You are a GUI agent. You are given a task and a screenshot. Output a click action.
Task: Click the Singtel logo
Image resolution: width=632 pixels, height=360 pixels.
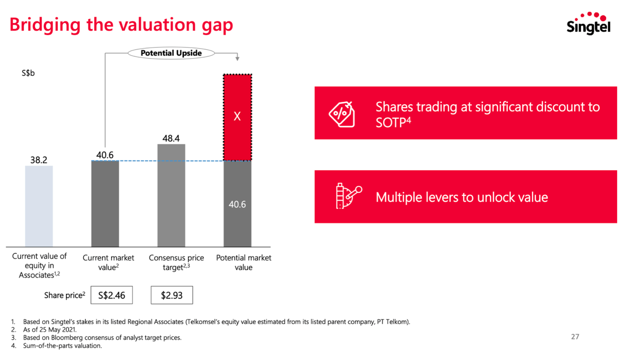pyautogui.click(x=588, y=24)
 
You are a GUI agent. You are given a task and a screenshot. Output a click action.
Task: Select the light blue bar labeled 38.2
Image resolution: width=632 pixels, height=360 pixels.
pyautogui.click(x=39, y=206)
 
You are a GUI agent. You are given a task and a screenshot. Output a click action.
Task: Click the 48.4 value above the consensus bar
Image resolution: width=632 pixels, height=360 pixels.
pyautogui.click(x=171, y=139)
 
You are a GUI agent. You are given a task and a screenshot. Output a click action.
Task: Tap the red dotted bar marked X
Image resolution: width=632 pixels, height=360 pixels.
pyautogui.click(x=237, y=117)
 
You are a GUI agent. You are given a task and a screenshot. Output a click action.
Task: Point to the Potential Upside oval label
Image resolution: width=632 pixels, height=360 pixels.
pyautogui.click(x=171, y=53)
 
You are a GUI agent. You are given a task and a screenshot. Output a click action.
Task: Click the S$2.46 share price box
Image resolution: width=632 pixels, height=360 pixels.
pyautogui.click(x=111, y=295)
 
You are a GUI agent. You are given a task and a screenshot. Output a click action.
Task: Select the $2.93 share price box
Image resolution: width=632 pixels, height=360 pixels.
pyautogui.click(x=172, y=295)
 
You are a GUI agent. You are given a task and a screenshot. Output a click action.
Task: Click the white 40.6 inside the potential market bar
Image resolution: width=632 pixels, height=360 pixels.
pyautogui.click(x=237, y=205)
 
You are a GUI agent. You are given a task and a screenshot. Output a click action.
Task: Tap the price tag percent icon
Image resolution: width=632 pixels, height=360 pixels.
pyautogui.click(x=342, y=114)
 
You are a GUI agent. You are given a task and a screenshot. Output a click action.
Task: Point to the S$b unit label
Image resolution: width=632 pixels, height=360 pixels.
pyautogui.click(x=28, y=73)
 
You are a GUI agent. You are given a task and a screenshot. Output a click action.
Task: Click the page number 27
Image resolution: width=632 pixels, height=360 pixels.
pyautogui.click(x=575, y=337)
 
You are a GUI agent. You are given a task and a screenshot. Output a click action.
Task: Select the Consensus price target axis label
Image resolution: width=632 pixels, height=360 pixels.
pyautogui.click(x=176, y=262)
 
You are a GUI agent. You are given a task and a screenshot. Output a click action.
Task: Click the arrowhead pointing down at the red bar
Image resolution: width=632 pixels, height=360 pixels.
pyautogui.click(x=237, y=58)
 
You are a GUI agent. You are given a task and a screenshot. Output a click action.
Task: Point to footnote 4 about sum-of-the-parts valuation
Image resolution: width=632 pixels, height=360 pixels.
pyautogui.click(x=62, y=346)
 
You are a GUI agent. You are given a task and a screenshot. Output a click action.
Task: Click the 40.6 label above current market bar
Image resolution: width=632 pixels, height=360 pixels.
pyautogui.click(x=105, y=155)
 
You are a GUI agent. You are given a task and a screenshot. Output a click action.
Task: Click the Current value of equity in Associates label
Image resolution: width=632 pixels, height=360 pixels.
pyautogui.click(x=39, y=265)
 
